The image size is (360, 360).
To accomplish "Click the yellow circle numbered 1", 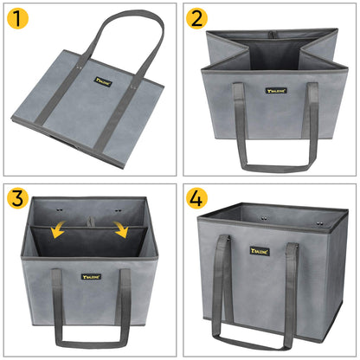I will pos(19,19).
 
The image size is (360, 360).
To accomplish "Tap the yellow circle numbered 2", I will pos(197,19).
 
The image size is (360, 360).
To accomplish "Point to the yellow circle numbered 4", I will pos(197,197).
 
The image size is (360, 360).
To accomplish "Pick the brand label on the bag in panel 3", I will pos(91,277).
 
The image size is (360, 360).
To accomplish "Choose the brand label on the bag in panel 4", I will pos(260,251).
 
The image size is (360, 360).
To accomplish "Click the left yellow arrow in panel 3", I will pos(56,228).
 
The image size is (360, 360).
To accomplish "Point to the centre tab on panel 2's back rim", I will pos(273,35).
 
